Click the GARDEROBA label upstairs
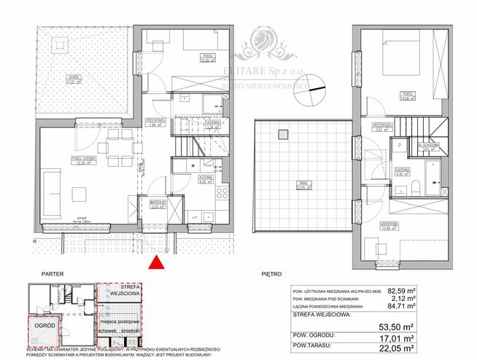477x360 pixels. point(387,224)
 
